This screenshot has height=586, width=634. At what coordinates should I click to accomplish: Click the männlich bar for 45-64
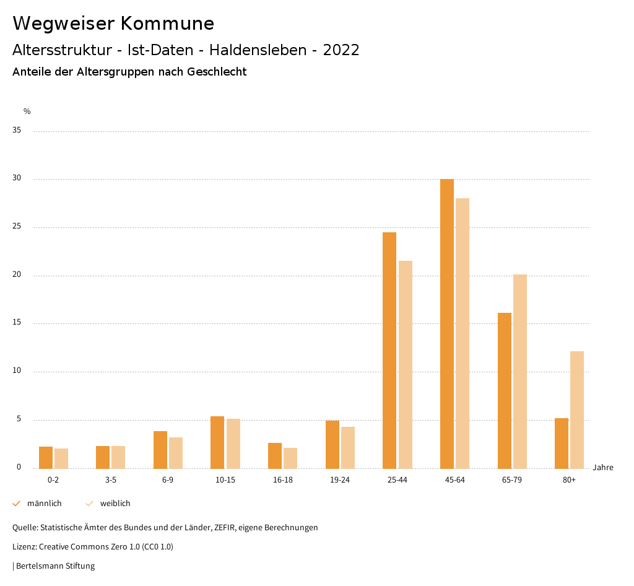click(x=446, y=323)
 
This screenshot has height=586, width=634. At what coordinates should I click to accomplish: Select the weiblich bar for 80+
click(x=577, y=409)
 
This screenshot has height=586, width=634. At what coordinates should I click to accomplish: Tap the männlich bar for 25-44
click(x=389, y=350)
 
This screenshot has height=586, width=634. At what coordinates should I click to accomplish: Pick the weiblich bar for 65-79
click(x=520, y=371)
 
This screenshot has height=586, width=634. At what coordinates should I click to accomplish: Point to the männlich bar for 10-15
click(x=217, y=442)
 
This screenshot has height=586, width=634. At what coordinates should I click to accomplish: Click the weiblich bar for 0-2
click(x=61, y=458)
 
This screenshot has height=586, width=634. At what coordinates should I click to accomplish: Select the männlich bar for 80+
click(x=562, y=443)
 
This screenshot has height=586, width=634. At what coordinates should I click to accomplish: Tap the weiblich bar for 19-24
click(x=348, y=447)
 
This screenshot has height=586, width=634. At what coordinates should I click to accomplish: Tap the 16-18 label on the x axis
click(x=282, y=480)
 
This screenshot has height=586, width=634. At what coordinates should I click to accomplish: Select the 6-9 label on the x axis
click(x=168, y=480)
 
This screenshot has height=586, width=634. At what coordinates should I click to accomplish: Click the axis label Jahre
click(x=602, y=468)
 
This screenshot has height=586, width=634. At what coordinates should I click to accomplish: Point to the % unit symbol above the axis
click(x=27, y=112)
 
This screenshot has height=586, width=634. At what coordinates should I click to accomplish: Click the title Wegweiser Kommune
click(x=113, y=24)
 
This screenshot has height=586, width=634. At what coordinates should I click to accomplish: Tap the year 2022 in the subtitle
click(x=341, y=50)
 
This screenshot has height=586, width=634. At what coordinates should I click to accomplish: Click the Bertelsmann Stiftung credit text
click(x=55, y=566)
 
